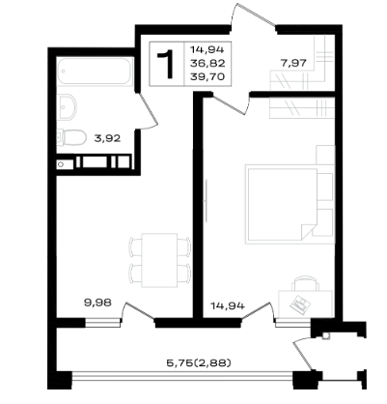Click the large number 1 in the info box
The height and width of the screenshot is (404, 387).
tap(166, 64)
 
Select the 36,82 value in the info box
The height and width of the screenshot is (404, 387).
tap(207, 63)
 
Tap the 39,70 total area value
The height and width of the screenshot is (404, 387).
tap(207, 76)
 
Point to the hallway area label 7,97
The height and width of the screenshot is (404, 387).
tap(293, 63)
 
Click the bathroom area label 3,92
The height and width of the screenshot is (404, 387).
tap(107, 138)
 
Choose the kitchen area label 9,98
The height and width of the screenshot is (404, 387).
tap(97, 303)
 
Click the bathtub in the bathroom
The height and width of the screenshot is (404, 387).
tap(95, 72)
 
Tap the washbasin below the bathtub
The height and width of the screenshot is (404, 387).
tap(68, 106)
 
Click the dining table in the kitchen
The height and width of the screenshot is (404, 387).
tap(159, 260)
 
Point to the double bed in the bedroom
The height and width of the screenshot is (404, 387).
tap(281, 204)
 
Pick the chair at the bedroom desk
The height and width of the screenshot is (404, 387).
tap(306, 283)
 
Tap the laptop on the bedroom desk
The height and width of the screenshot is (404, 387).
tap(300, 304)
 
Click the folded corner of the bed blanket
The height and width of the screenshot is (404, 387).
tap(309, 231)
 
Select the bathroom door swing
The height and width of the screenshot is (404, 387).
tap(148, 111)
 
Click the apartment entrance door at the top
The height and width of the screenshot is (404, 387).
tap(253, 16)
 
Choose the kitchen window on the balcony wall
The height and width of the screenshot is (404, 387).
tap(103, 322)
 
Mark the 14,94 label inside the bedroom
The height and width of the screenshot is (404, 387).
tap(228, 305)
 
